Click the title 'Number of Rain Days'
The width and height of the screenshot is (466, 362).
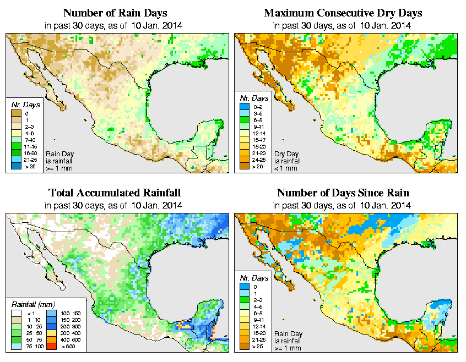coord(115,13)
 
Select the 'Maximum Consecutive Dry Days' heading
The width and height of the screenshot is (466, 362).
coord(344,13)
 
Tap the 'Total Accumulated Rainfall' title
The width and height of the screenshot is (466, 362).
coord(115,193)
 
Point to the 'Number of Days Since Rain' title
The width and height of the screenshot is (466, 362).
coord(344,193)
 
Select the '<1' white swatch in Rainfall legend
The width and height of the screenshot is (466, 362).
coord(15,313)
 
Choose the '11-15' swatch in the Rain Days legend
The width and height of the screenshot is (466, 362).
coord(15,146)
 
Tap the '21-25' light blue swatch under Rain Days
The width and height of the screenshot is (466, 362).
coord(15,160)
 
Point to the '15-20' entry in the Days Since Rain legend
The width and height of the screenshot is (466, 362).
coord(259,334)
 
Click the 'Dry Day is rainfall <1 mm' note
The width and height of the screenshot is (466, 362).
coord(286,160)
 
